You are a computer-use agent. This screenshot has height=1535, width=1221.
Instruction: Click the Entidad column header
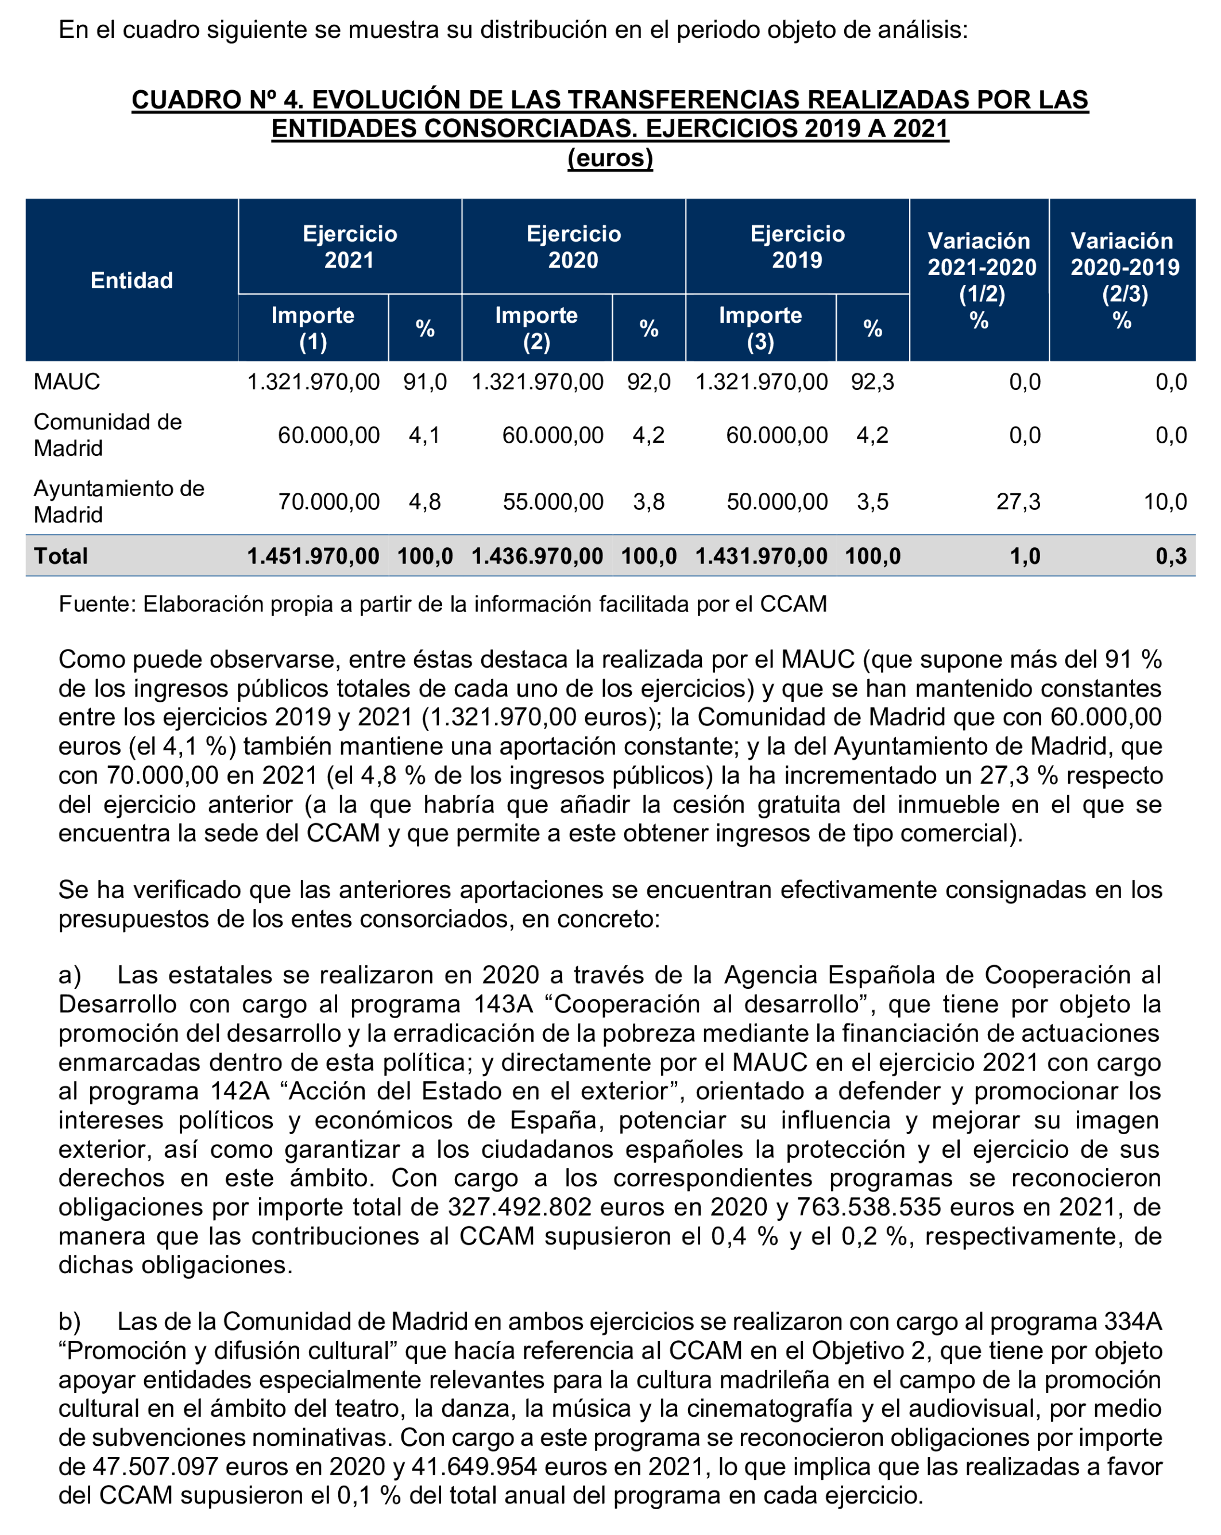tap(132, 280)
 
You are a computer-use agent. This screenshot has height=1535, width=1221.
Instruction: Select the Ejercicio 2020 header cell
tap(573, 246)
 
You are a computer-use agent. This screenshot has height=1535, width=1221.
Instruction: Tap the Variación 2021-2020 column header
tap(980, 280)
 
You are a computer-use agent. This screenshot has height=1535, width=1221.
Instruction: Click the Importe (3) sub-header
tap(760, 328)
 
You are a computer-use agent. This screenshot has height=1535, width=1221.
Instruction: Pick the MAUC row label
tap(67, 382)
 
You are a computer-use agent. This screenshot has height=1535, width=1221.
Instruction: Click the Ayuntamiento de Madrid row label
tap(118, 501)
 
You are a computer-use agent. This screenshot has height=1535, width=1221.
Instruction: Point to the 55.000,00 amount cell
tap(552, 502)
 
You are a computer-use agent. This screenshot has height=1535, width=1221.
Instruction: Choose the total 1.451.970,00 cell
tap(313, 556)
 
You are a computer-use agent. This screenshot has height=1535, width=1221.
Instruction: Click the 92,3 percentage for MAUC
tap(872, 382)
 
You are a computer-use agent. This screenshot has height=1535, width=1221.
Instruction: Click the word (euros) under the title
tap(609, 157)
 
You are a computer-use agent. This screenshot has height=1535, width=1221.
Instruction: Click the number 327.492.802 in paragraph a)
tap(520, 1207)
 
